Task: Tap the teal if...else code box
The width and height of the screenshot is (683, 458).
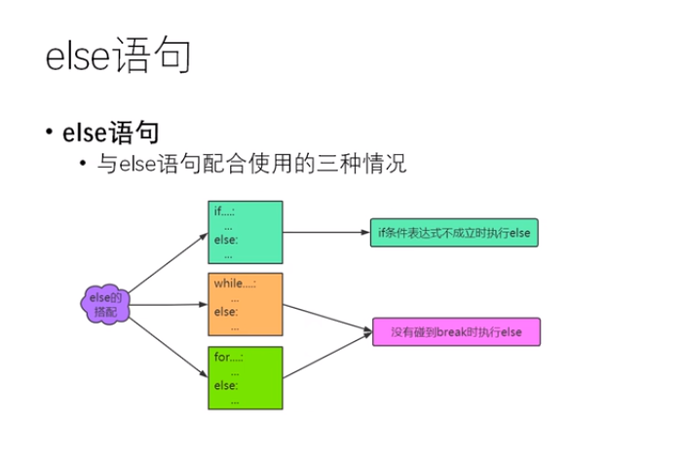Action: point(245,232)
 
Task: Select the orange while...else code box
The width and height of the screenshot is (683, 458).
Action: point(245,303)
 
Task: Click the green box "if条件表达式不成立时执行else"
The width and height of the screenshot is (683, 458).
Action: point(454,233)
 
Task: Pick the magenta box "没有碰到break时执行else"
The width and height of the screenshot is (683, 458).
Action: point(455,333)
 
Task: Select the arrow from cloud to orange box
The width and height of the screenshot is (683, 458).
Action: point(168,304)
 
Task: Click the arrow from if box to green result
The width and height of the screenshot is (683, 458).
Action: point(326,233)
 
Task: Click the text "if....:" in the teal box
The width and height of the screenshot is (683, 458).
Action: point(225,211)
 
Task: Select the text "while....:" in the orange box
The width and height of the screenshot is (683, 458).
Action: point(235,284)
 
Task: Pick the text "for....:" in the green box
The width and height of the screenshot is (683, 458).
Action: point(228,357)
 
